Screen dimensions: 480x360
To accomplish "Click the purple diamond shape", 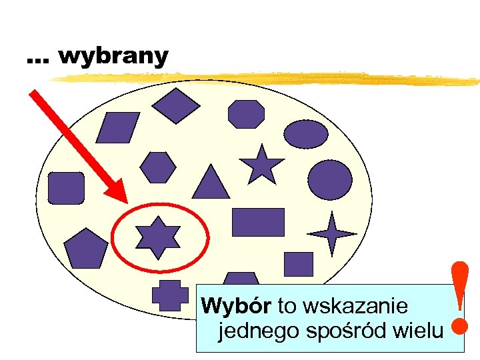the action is point(176,105).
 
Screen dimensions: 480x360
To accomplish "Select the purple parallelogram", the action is point(118,127).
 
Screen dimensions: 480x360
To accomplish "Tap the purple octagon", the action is point(246,114).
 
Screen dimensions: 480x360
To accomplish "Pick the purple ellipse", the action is point(306,134).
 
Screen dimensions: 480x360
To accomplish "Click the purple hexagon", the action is point(158,167).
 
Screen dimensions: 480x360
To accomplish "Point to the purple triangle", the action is point(211,183).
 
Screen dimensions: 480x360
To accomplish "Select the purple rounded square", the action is point(66,188).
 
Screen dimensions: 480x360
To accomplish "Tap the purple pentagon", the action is point(86,248).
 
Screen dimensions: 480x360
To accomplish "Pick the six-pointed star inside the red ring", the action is point(158,237).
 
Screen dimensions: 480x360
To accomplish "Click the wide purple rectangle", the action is point(258,223).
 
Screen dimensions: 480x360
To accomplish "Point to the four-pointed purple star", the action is point(332,233).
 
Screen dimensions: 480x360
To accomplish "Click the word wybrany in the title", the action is point(113,57).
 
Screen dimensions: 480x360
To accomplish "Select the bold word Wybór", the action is point(236,307).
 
